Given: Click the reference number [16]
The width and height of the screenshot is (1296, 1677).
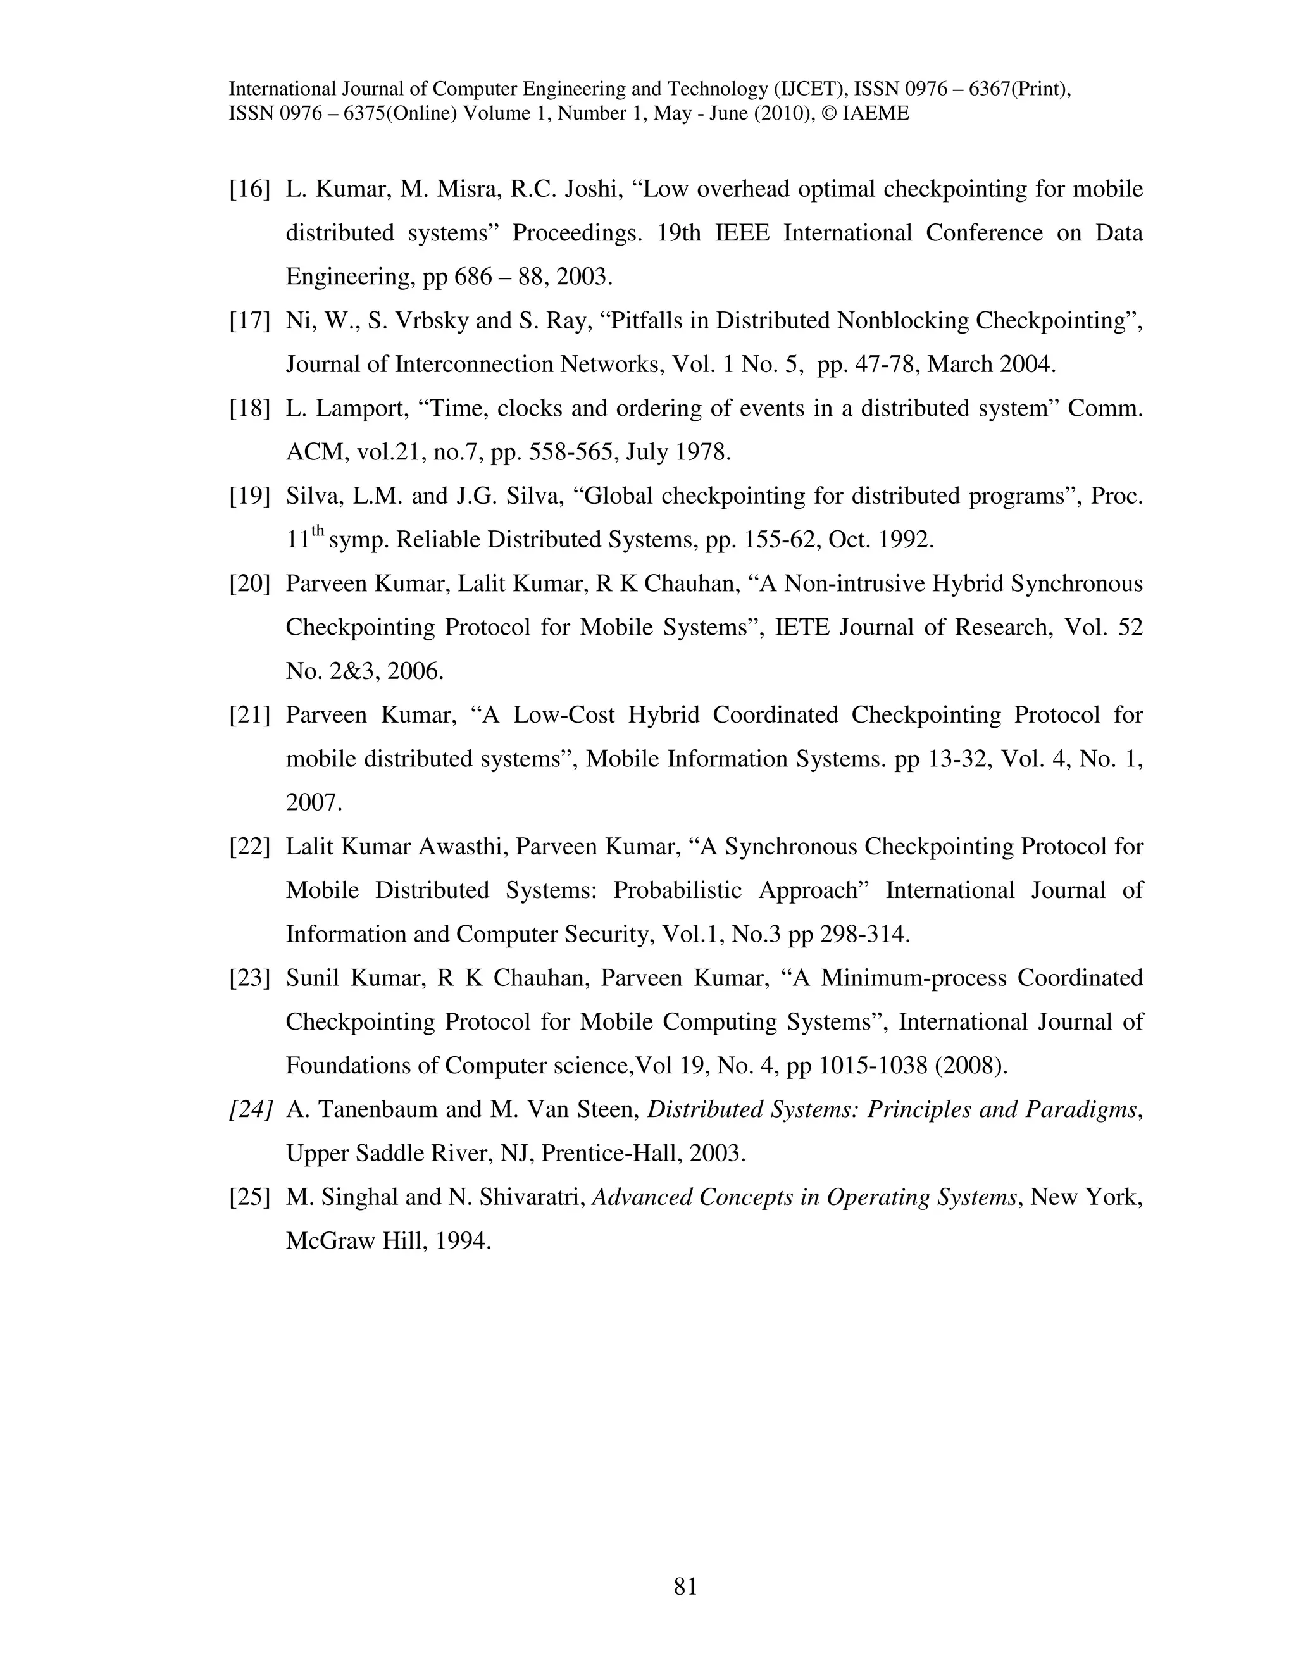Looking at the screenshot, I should point(249,189).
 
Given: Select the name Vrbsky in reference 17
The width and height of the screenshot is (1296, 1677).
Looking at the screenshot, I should point(432,321).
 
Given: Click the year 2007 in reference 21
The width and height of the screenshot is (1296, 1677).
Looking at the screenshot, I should point(313,802).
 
